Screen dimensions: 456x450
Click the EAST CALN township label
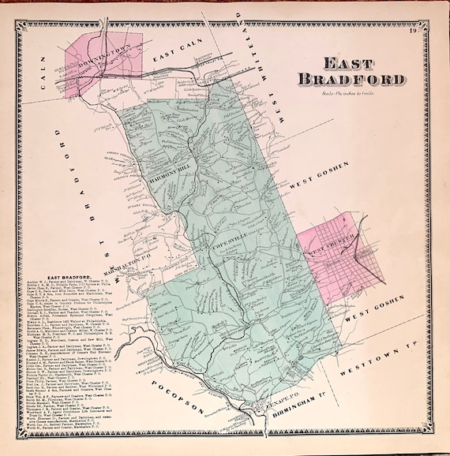(175, 58)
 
